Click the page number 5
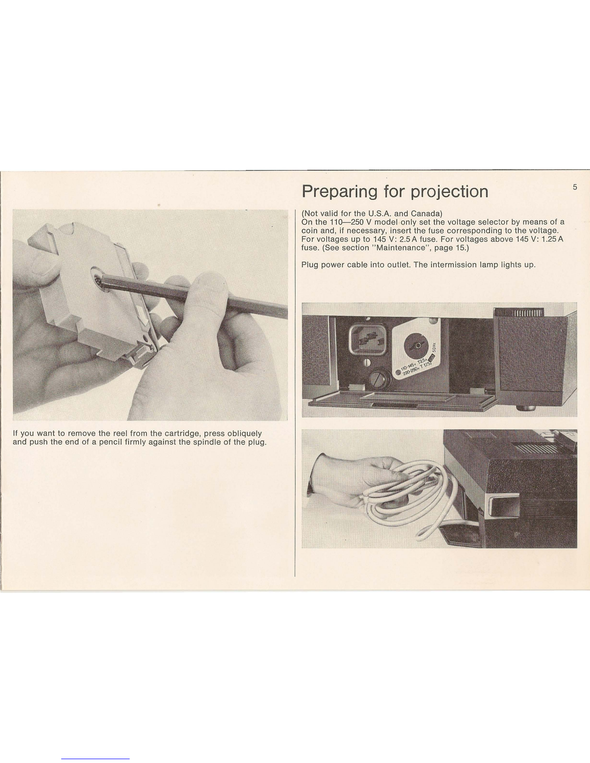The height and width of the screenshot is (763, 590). (x=575, y=187)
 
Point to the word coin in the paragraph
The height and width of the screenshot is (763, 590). (x=308, y=231)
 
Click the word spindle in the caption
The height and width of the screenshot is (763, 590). (x=207, y=442)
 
